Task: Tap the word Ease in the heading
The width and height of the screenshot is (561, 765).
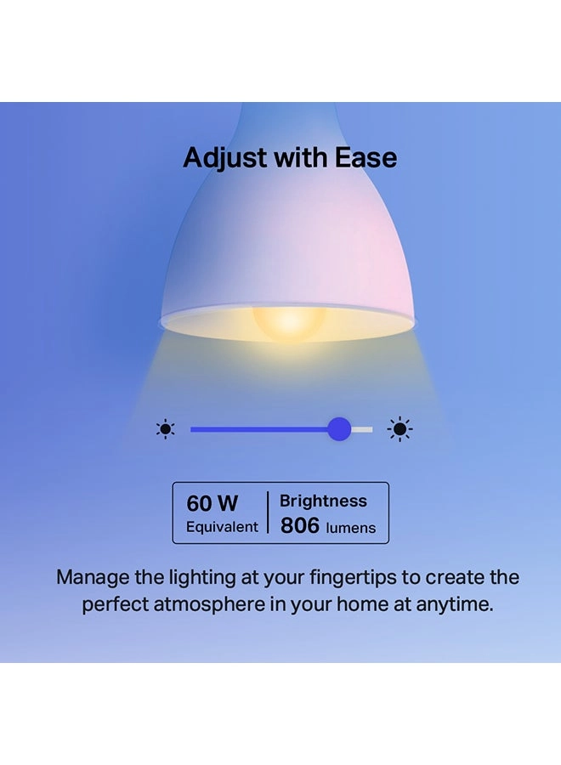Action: pos(365,157)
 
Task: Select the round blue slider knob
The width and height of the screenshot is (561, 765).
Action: pos(339,429)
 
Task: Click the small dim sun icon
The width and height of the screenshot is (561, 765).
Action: pos(166,429)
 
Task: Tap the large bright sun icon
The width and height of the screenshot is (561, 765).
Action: pos(399,429)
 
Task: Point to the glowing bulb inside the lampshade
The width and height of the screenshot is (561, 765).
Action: pos(289,322)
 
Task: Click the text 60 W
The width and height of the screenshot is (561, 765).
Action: pos(212,503)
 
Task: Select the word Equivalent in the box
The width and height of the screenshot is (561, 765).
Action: pos(222,527)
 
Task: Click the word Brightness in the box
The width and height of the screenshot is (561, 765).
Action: pos(323,501)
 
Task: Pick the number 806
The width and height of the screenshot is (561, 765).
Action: pos(300,525)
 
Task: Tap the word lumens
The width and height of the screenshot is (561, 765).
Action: pos(351,528)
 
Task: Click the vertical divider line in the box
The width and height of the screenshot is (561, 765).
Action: pos(268,513)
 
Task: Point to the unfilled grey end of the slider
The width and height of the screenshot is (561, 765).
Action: pos(362,429)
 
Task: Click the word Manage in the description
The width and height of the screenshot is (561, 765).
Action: pos(93,578)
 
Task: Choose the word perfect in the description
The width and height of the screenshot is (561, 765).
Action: pos(115,605)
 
